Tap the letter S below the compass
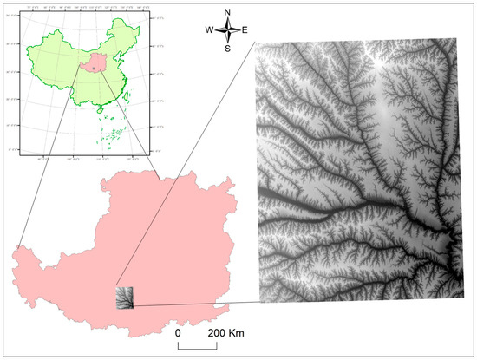coord(227,49)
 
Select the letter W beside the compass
coord(209,30)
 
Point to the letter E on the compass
coord(245,30)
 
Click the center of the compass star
coord(227,30)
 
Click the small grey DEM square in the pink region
coord(126,298)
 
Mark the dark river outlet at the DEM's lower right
coord(451,252)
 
